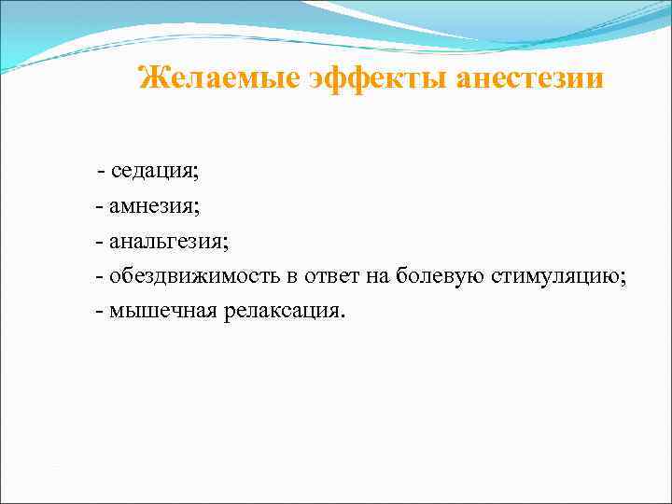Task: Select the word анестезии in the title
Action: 531,77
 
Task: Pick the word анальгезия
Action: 168,240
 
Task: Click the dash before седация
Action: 101,172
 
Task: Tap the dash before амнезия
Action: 99,206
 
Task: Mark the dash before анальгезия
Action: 99,241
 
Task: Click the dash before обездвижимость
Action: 99,275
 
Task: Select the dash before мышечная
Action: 99,310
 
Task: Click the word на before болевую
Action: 377,275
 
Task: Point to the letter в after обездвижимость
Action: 292,276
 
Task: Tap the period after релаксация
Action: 343,315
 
